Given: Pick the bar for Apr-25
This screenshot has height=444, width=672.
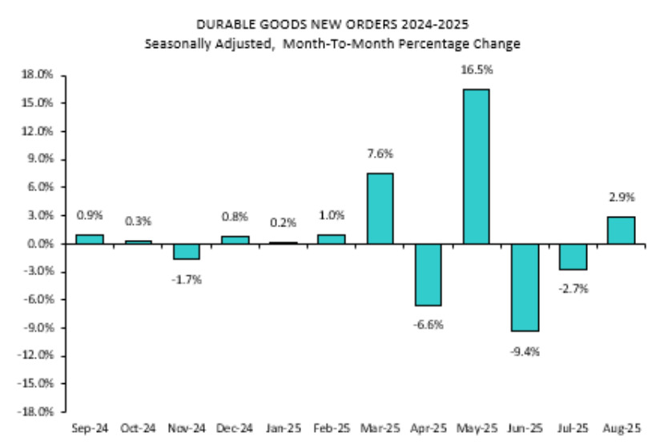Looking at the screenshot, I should point(428,274).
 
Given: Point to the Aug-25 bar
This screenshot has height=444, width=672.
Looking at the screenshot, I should point(621,230).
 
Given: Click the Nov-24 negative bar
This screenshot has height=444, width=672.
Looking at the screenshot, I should point(186,251).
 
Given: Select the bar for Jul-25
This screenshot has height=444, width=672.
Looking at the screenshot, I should point(573,257).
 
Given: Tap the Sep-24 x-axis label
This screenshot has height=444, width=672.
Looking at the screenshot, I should point(90,429).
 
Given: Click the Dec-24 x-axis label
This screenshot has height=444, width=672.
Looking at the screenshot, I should point(234,429).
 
